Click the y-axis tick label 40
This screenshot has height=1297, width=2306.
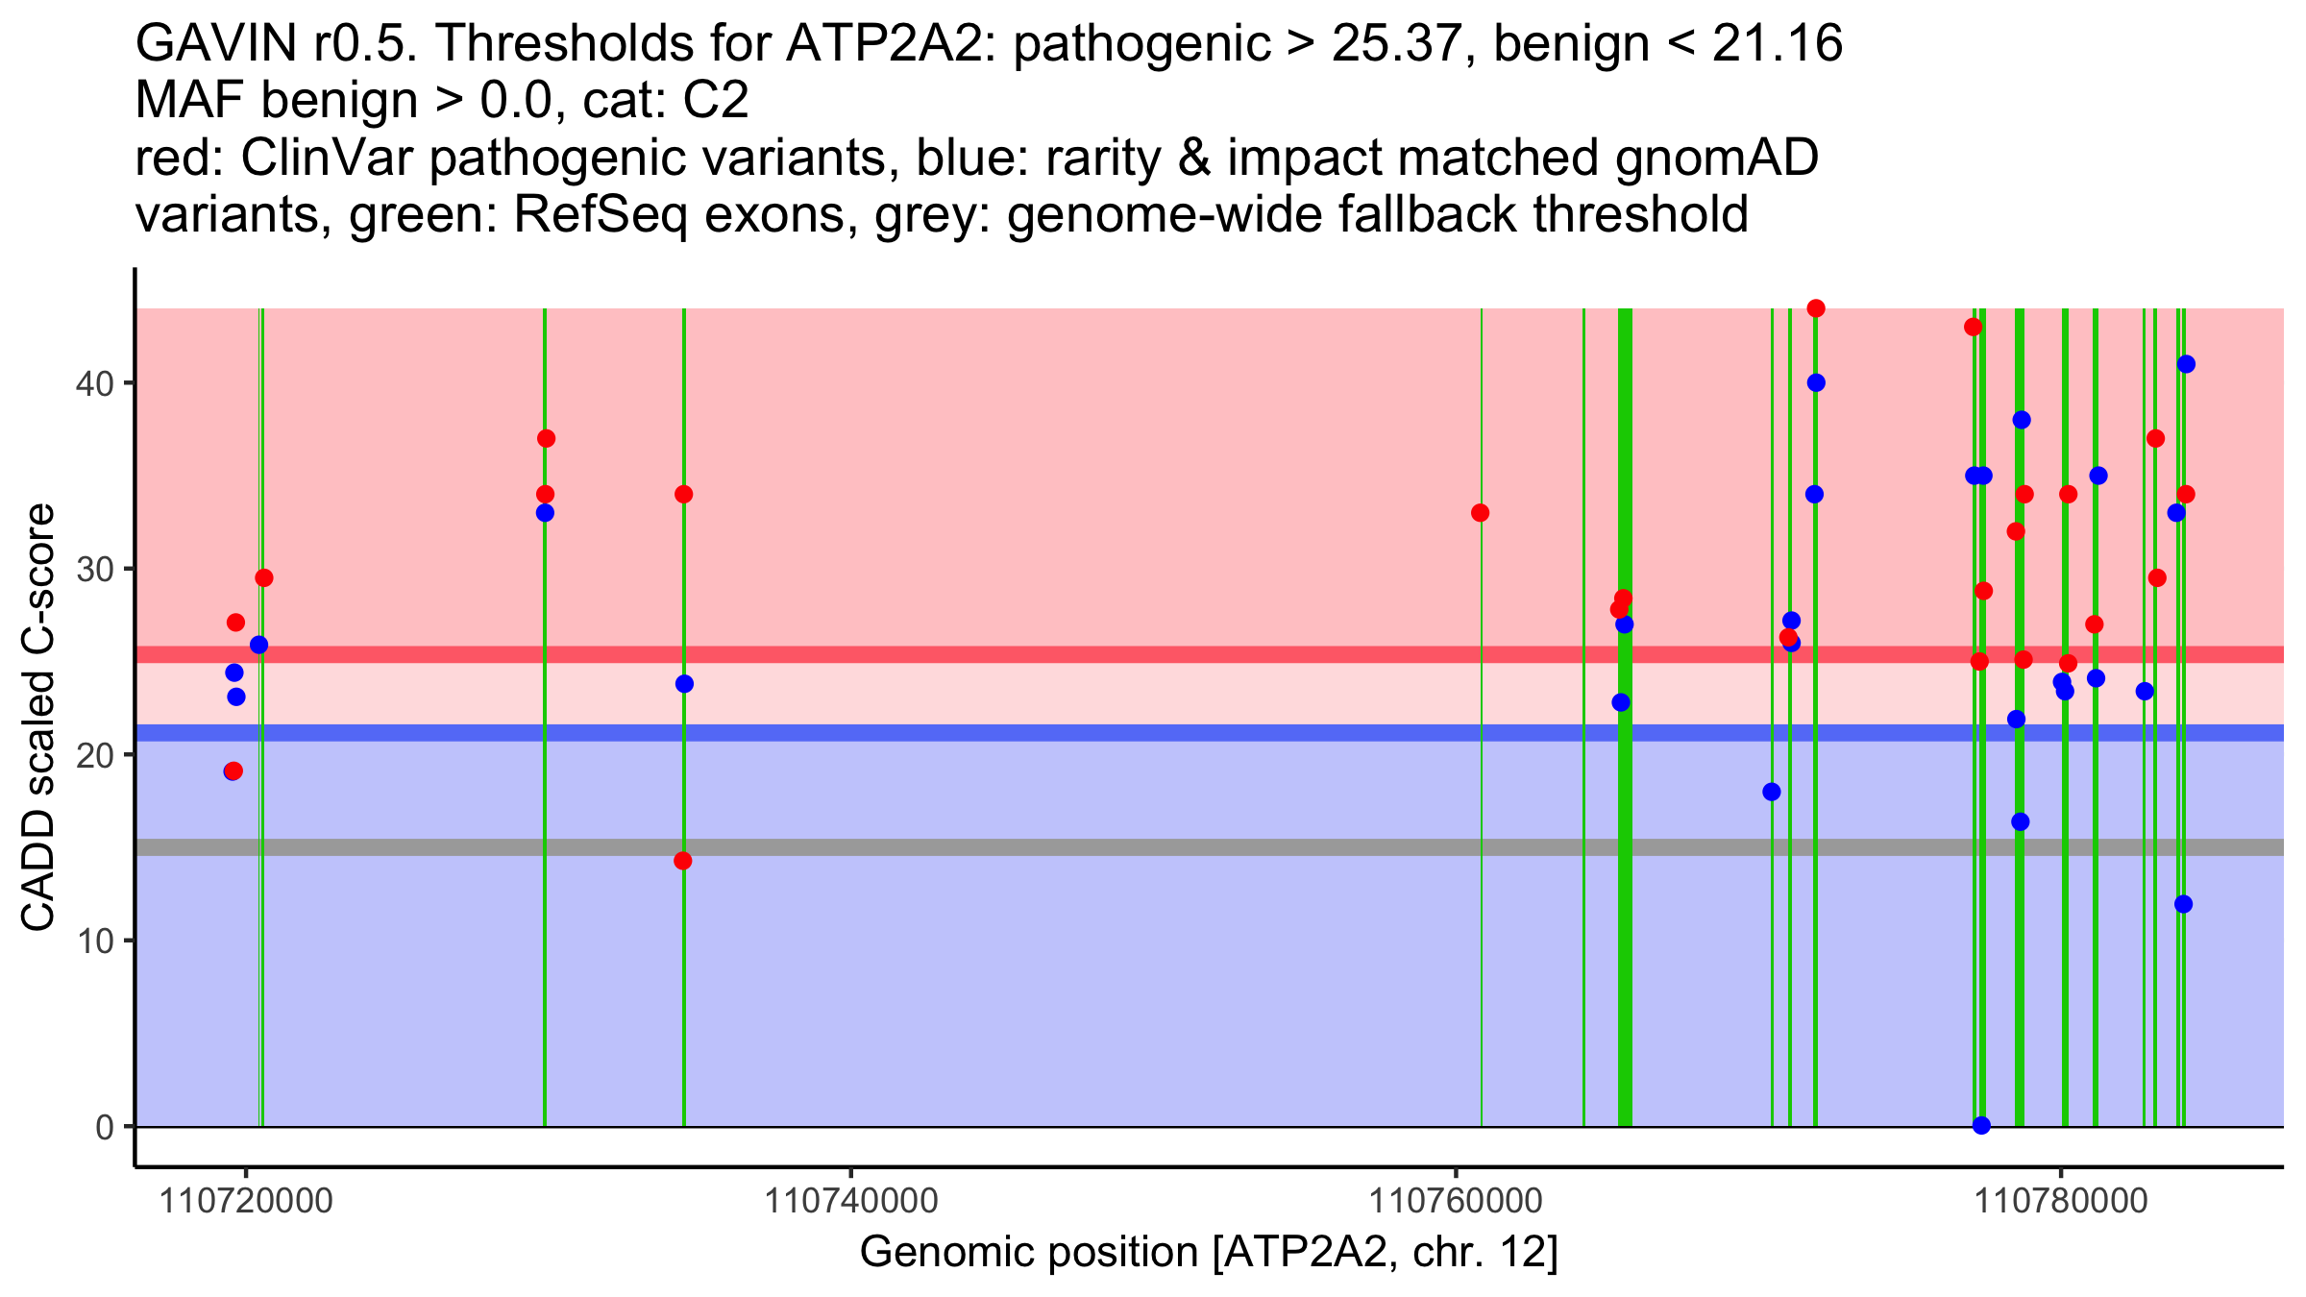pyautogui.click(x=93, y=383)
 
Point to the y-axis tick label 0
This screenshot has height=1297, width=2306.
pyautogui.click(x=104, y=1126)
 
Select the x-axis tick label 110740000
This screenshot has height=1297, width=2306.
pyautogui.click(x=849, y=1201)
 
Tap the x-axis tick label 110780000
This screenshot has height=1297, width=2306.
pyautogui.click(x=2059, y=1201)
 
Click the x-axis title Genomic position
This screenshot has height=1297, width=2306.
pyautogui.click(x=1208, y=1253)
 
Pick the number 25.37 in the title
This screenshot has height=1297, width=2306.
pyautogui.click(x=1404, y=44)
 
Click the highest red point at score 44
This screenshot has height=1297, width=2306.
pyautogui.click(x=1816, y=308)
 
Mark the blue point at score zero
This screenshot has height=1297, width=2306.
pyautogui.click(x=1981, y=1125)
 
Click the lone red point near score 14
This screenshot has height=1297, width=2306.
pyautogui.click(x=682, y=861)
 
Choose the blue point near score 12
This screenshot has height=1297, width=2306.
pyautogui.click(x=2183, y=904)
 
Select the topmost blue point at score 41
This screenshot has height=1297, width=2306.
pyautogui.click(x=2186, y=364)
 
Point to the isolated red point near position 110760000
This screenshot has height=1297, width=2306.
pyautogui.click(x=1480, y=513)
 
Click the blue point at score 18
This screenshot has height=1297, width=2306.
pyautogui.click(x=1772, y=792)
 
